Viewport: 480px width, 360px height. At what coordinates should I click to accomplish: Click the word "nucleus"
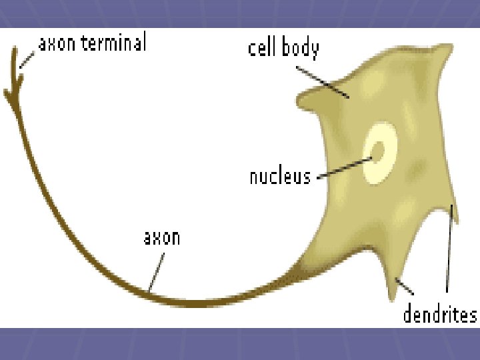point(280,176)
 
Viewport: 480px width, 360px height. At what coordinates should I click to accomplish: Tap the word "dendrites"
point(440,314)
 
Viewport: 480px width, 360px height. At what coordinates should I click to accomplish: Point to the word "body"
point(301,49)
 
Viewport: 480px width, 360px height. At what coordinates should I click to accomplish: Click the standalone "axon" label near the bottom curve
point(162,237)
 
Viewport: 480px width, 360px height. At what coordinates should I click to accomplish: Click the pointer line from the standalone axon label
point(155,269)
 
